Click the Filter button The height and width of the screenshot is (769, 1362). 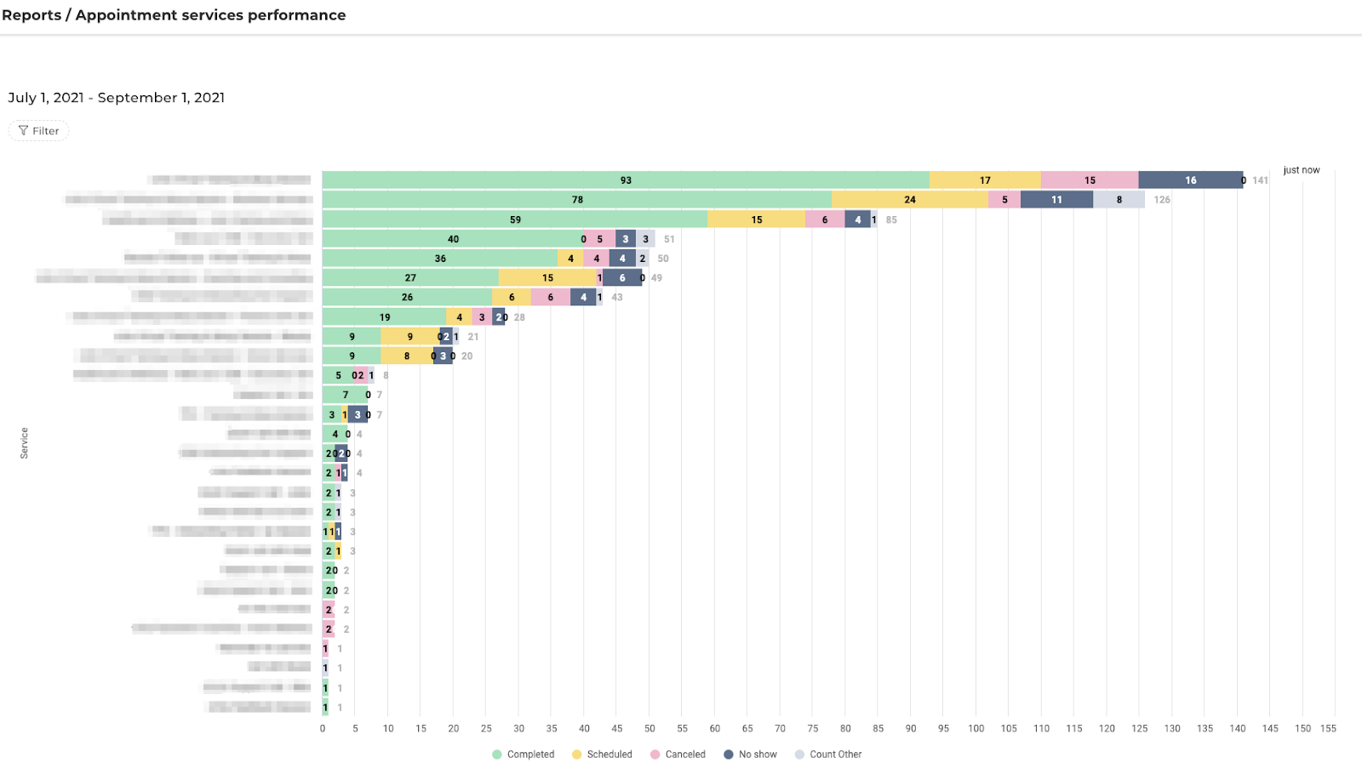pos(38,131)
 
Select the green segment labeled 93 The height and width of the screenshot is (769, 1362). pos(626,180)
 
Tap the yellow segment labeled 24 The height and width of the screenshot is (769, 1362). pos(910,200)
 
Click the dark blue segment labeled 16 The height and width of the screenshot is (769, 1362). pos(1190,180)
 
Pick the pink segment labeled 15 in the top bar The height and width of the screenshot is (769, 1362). pos(1090,180)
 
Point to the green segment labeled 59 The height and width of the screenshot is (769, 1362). pos(515,219)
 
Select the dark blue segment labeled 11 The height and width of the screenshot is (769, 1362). pos(1056,200)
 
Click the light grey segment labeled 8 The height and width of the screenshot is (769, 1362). pos(1119,200)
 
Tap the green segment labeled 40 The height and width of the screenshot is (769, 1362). pos(453,239)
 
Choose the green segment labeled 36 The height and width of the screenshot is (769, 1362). pos(440,259)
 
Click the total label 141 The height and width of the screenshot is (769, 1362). pos(1260,180)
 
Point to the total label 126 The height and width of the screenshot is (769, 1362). pos(1162,200)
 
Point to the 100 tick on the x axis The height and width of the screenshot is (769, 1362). pos(976,729)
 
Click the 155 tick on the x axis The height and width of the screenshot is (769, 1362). pos(1328,729)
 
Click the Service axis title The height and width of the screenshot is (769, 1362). pos(24,443)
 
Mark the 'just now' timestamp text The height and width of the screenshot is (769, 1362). pos(1302,170)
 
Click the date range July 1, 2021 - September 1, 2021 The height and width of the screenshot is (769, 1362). pos(117,98)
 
